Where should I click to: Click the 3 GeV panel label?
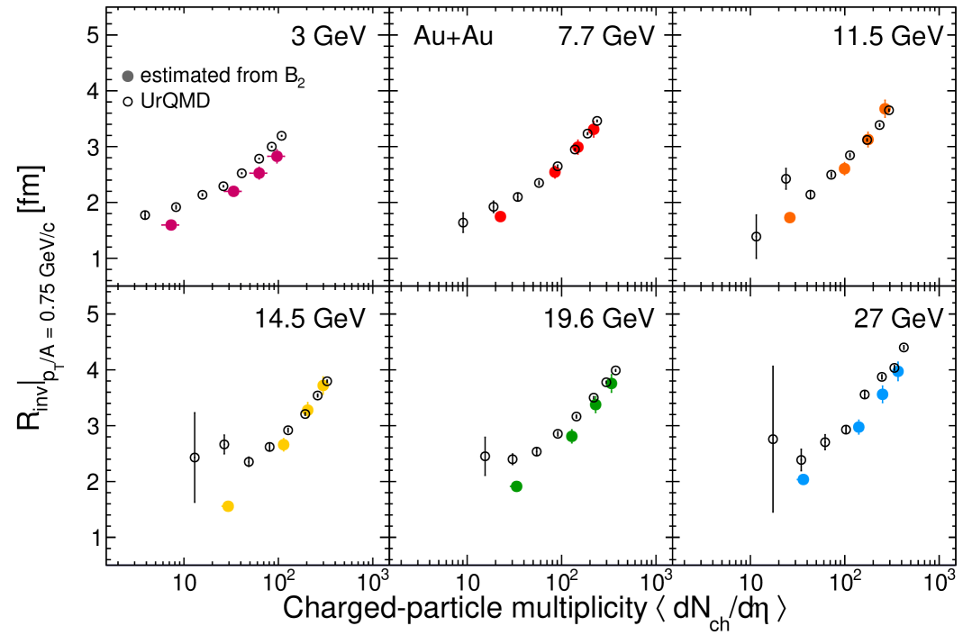pyautogui.click(x=329, y=37)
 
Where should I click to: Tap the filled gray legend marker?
pyautogui.click(x=128, y=78)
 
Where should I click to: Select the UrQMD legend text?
pyautogui.click(x=176, y=101)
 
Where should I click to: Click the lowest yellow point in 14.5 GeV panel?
pyautogui.click(x=228, y=506)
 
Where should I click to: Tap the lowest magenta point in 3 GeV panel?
pyautogui.click(x=170, y=225)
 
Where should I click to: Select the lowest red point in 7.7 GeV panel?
pyautogui.click(x=500, y=216)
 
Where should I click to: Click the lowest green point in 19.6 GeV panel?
pyautogui.click(x=516, y=486)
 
